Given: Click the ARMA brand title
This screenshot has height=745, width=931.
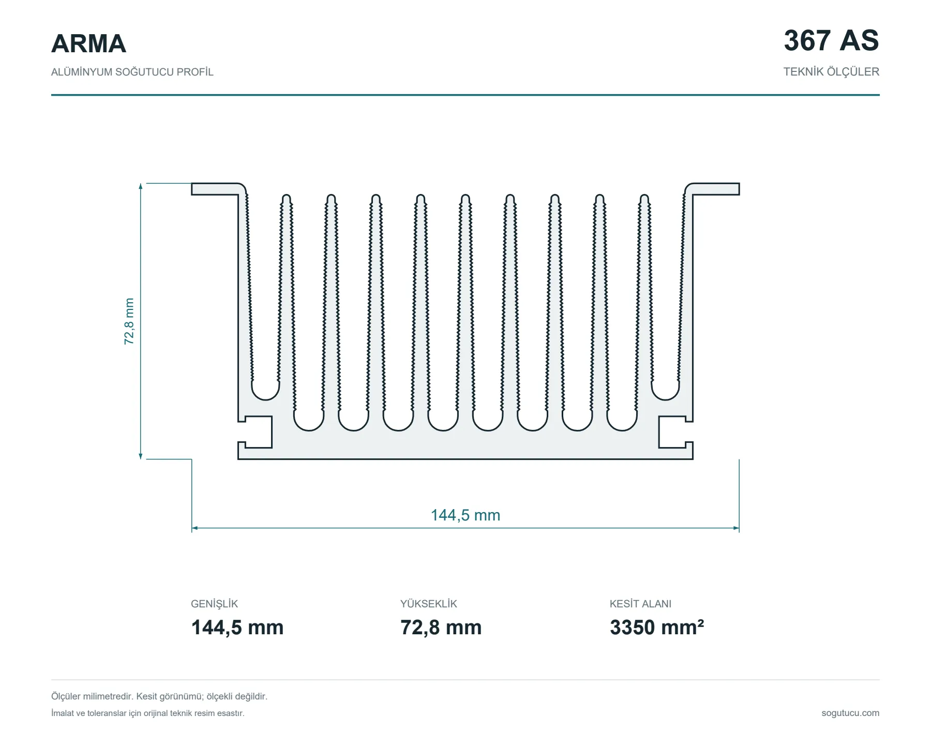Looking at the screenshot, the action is (x=88, y=43).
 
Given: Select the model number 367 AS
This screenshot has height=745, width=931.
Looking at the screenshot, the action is (x=831, y=40).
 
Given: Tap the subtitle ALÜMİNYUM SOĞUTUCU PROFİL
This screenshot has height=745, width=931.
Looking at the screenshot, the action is (x=132, y=72).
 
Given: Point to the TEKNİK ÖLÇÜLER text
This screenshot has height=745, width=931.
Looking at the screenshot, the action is (x=831, y=72).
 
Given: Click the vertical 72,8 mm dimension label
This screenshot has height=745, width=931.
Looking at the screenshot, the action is (x=129, y=321).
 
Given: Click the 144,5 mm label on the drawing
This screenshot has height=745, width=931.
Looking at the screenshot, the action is (x=465, y=515).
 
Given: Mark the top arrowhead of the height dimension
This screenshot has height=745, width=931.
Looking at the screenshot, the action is (x=141, y=186).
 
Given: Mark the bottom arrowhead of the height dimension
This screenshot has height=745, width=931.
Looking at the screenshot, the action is (x=141, y=456).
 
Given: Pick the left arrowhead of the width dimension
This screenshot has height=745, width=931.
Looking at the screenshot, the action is (x=195, y=528).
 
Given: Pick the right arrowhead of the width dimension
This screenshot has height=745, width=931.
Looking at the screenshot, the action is (x=736, y=528).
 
